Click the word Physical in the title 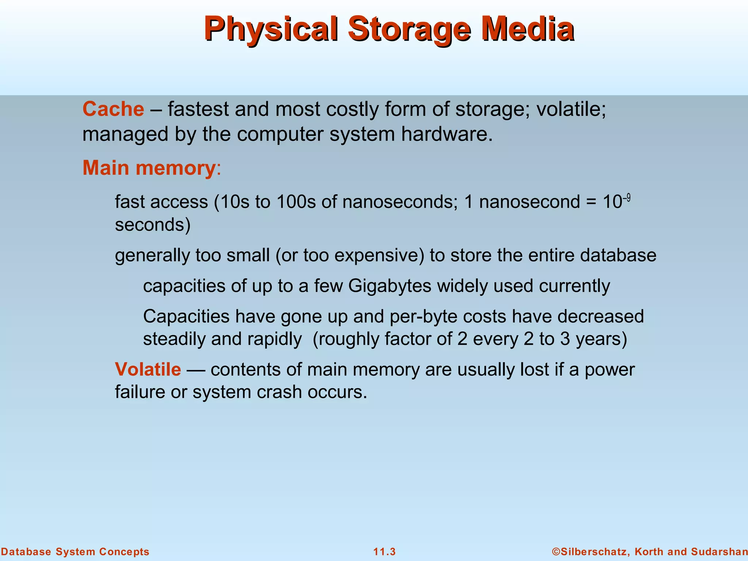[x=270, y=29]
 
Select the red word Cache [x=113, y=109]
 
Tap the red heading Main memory [x=149, y=168]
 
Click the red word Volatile [x=148, y=369]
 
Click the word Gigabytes [x=390, y=286]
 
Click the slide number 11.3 [x=384, y=552]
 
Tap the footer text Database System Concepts [x=75, y=552]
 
